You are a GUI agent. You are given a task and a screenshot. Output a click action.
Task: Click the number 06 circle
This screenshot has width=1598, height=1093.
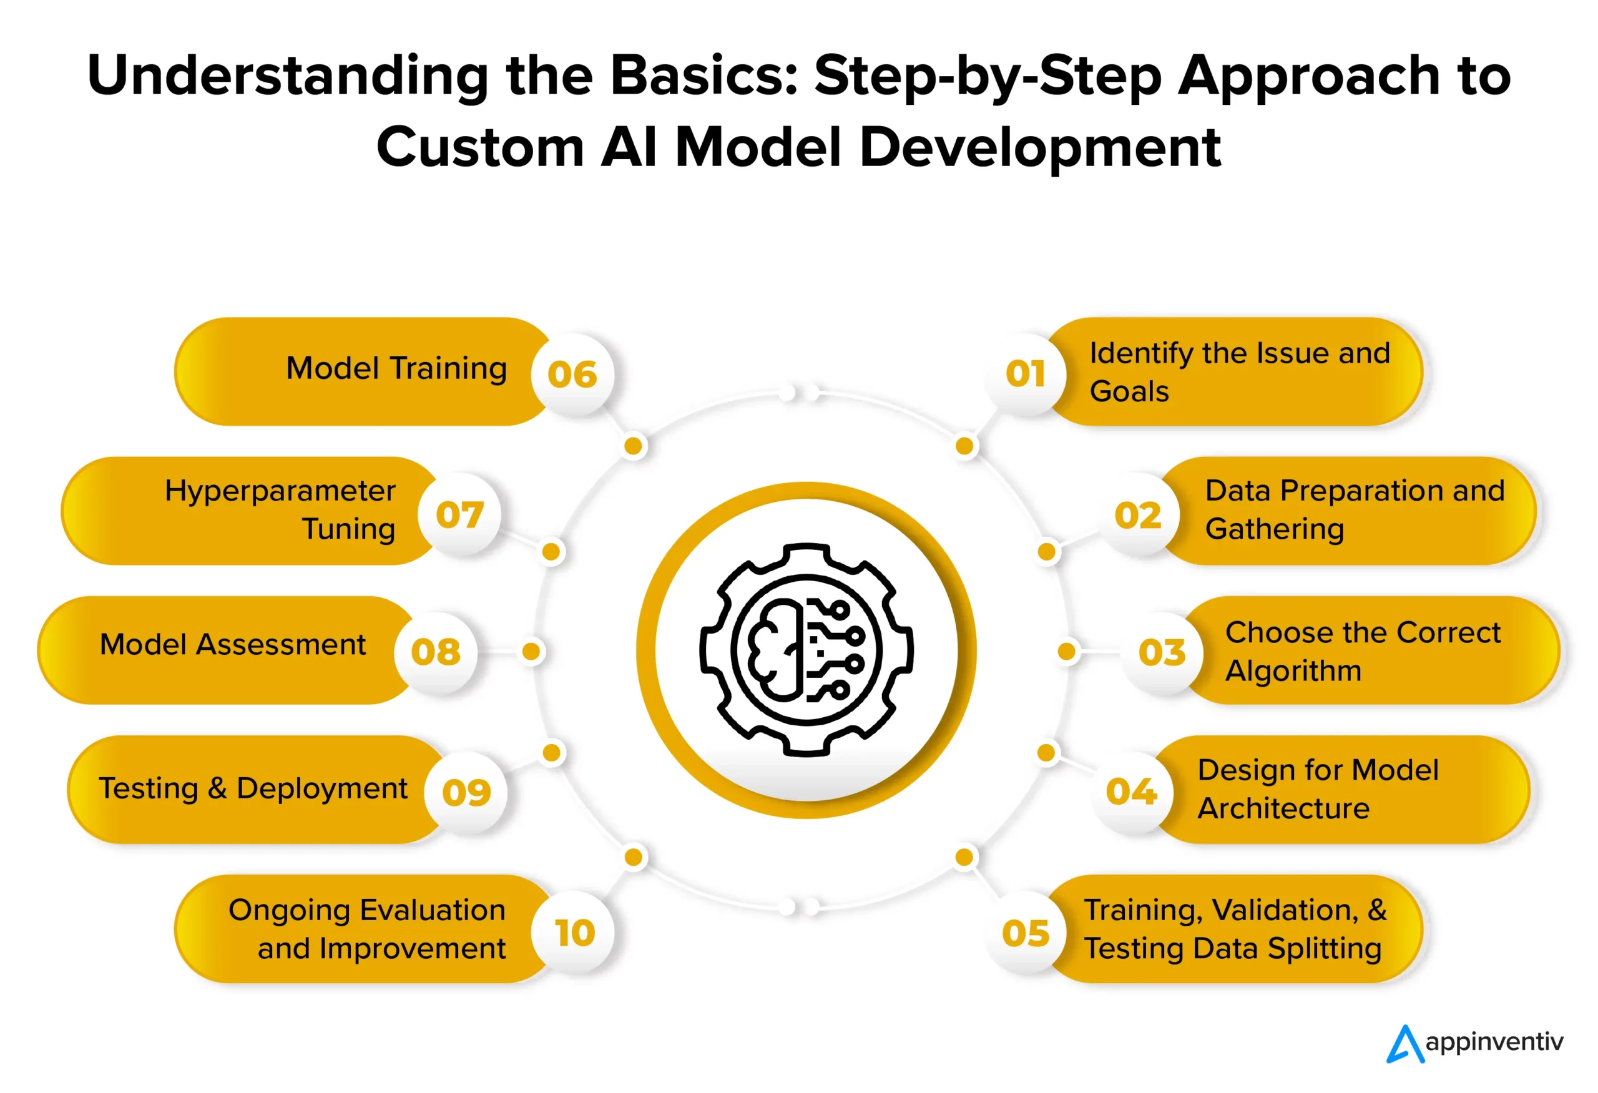(x=572, y=375)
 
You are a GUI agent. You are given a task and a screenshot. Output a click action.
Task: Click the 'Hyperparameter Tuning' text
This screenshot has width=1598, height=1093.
(x=280, y=509)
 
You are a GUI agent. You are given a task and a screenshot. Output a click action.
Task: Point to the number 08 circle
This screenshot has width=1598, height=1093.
(x=435, y=652)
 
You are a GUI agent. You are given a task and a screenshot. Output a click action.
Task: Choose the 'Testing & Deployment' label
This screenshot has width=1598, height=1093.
(x=253, y=788)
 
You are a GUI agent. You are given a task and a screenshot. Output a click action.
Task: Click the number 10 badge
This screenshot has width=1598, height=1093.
(x=574, y=933)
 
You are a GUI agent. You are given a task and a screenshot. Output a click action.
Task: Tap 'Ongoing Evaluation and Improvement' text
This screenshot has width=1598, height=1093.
(x=368, y=929)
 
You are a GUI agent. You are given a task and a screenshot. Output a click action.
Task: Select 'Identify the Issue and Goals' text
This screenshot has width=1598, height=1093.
(x=1239, y=372)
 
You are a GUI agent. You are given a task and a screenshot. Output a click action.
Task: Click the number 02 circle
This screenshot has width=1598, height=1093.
(x=1138, y=516)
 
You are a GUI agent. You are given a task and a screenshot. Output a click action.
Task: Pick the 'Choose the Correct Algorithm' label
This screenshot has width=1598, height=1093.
(x=1362, y=651)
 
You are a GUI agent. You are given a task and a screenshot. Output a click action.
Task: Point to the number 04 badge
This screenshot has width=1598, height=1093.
(x=1131, y=792)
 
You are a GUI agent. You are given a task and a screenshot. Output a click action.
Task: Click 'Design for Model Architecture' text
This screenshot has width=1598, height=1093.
(x=1318, y=789)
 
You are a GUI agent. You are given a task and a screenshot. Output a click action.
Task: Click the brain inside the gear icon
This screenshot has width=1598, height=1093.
(x=775, y=650)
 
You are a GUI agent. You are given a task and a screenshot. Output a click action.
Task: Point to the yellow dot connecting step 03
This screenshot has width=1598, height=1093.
(x=1067, y=651)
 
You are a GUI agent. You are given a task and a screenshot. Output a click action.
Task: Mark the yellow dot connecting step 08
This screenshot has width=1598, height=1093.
(x=531, y=651)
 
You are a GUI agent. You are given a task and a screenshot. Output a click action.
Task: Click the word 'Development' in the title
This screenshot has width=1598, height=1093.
(x=1040, y=147)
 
